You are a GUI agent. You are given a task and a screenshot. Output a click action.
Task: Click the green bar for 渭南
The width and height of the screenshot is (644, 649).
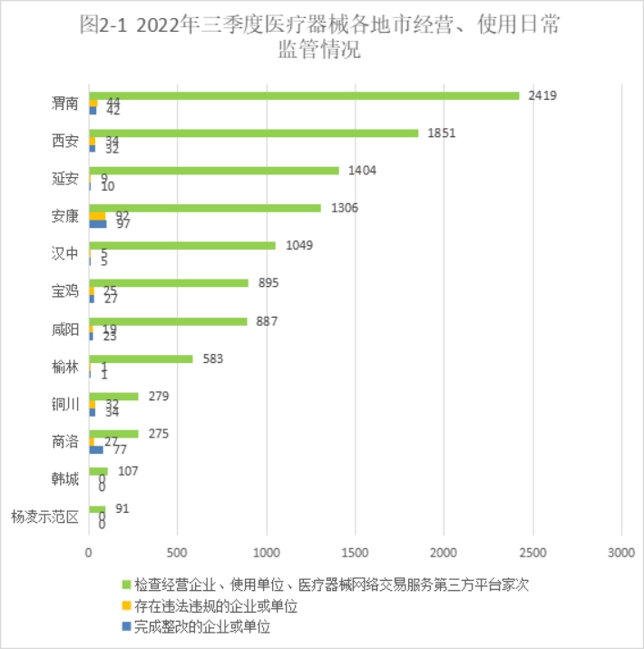pos(304,95)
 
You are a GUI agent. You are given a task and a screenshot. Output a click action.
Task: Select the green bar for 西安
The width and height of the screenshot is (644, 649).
pos(254,133)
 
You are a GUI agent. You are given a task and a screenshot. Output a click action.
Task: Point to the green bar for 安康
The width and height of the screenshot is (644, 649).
pos(205,208)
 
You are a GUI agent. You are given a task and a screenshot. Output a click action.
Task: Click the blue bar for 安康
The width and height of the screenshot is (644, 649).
pos(98,223)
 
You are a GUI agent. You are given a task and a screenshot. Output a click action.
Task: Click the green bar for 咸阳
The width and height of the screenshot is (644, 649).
pos(168,320)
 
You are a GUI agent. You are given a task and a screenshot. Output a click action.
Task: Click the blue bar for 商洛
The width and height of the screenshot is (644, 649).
pos(96,448)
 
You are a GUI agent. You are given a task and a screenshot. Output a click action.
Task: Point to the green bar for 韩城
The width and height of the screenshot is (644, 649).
pos(98,471)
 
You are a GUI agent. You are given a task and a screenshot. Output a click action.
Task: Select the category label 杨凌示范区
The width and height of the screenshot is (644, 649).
pos(45,517)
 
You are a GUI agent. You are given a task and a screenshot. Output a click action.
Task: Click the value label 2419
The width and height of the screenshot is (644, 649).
pos(542,95)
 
